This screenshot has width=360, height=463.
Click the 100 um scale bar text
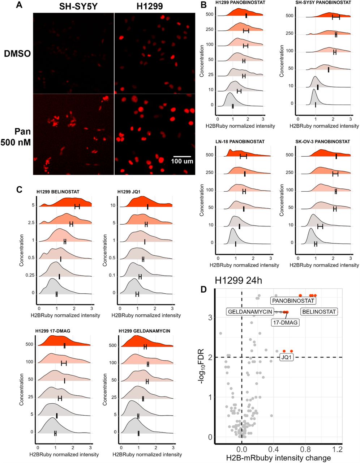click(182, 161)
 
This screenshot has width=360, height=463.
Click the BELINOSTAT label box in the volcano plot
click(319, 312)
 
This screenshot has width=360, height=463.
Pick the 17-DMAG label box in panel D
click(285, 323)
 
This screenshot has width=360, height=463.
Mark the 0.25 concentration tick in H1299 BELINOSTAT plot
click(30, 276)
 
